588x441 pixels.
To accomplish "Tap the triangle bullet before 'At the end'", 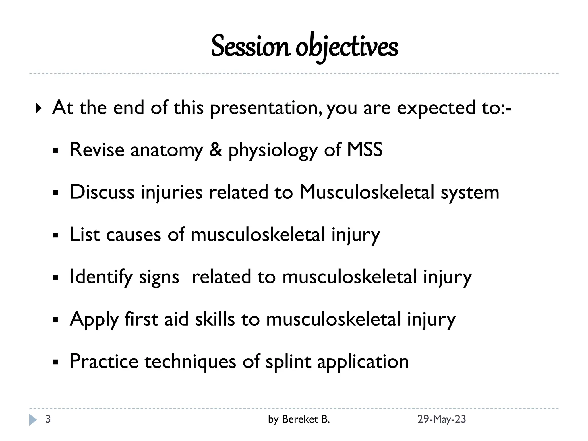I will pyautogui.click(x=38, y=109).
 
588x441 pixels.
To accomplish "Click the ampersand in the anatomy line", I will pyautogui.click(x=215, y=150).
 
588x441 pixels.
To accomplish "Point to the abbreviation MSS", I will pyautogui.click(x=365, y=150).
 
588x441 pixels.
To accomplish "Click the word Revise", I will pyautogui.click(x=97, y=150).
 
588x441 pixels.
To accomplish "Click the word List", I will pyautogui.click(x=85, y=234).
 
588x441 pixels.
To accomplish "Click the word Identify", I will pyautogui.click(x=101, y=277).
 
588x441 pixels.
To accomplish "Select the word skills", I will pyautogui.click(x=215, y=319).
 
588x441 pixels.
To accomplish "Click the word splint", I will pyautogui.click(x=288, y=361).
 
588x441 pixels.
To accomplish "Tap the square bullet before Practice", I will pyautogui.click(x=56, y=362).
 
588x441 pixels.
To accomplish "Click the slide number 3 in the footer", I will pyautogui.click(x=48, y=419).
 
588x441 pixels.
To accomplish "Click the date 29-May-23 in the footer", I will pyautogui.click(x=441, y=419).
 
